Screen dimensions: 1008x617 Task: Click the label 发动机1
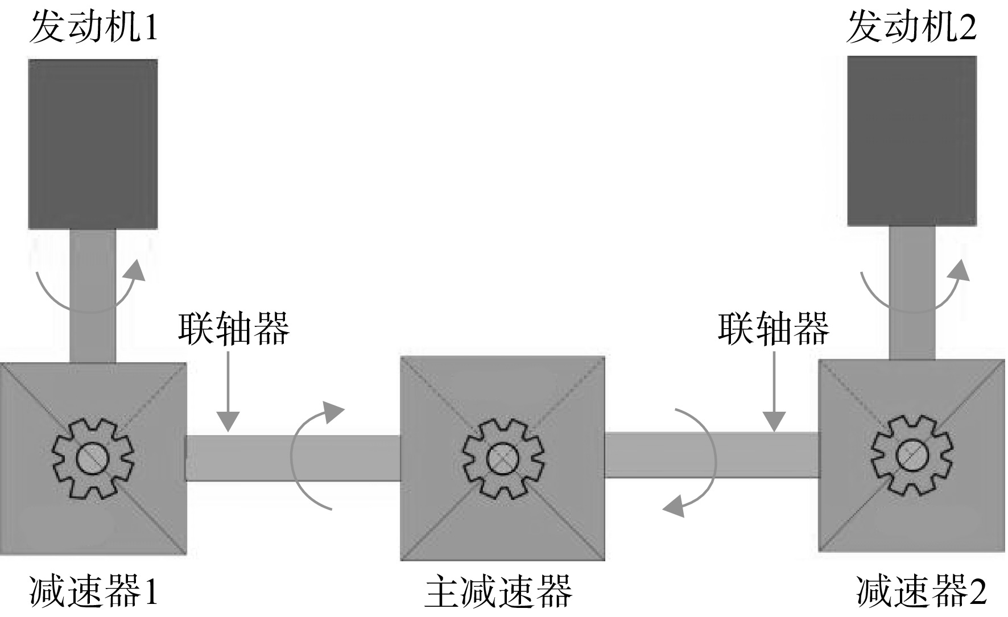pos(93,27)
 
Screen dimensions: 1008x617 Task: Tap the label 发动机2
pos(911,27)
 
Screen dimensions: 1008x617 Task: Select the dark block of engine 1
pos(93,144)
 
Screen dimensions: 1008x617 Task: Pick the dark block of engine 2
pos(912,141)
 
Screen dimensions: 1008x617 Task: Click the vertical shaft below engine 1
pos(93,296)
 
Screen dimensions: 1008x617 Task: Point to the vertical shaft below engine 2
pos(912,293)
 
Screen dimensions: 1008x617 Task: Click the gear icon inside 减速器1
pos(93,458)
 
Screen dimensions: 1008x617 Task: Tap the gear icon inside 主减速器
pos(503,458)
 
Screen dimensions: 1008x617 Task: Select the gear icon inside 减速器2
pos(912,455)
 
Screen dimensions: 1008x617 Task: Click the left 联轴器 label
pos(234,329)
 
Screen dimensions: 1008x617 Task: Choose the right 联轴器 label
pos(774,329)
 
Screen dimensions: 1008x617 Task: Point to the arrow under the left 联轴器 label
pos(228,391)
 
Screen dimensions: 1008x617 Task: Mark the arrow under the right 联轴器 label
pos(774,391)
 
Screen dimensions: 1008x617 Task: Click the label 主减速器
pos(499,591)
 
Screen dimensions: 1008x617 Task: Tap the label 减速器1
pos(93,591)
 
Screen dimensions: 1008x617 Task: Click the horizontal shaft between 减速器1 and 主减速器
pos(293,458)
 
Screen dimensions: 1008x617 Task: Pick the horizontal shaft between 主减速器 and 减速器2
pos(712,455)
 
